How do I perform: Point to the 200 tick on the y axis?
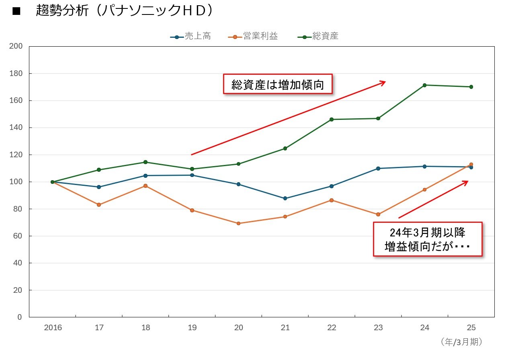(16, 47)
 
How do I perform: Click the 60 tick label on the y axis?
(18, 236)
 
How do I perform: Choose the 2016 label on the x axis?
(53, 328)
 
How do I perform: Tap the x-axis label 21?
(285, 328)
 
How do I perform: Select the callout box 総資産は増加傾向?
(278, 84)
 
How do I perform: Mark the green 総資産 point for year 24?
(425, 85)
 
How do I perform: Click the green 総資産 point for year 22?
(332, 119)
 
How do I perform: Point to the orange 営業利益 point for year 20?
(239, 223)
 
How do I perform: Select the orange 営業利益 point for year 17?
(99, 205)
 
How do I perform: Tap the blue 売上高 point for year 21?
(285, 198)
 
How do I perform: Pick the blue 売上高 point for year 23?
(378, 168)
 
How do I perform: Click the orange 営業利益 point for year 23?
(378, 214)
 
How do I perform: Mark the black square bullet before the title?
(16, 11)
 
